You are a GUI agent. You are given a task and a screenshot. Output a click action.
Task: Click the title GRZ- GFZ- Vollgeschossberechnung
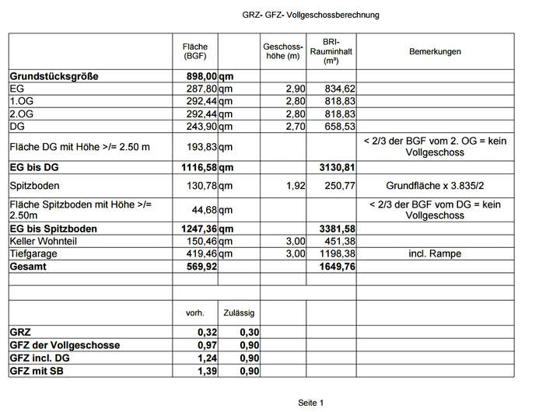point(310,16)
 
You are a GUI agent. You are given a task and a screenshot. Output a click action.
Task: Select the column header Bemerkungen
point(435,51)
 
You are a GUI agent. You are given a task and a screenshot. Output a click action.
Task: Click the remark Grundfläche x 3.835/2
point(435,187)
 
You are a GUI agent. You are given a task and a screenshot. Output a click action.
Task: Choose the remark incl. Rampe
point(435,253)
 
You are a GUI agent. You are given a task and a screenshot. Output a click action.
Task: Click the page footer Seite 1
point(310,402)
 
